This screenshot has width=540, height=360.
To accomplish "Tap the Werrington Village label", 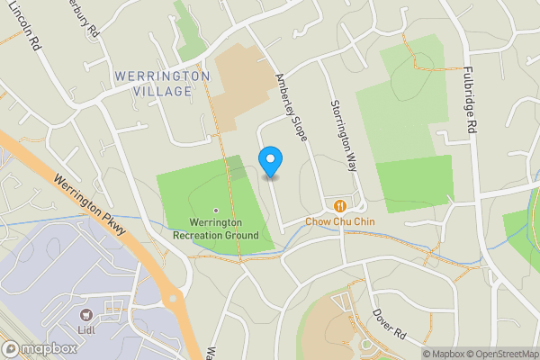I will click(x=163, y=84).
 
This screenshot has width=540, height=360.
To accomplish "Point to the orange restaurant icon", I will click(x=339, y=205).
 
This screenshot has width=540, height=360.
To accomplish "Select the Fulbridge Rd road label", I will click(x=469, y=100).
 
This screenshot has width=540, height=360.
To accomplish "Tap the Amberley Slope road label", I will click(x=292, y=107).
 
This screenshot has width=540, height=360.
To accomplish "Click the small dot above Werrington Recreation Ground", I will click(x=216, y=211).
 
